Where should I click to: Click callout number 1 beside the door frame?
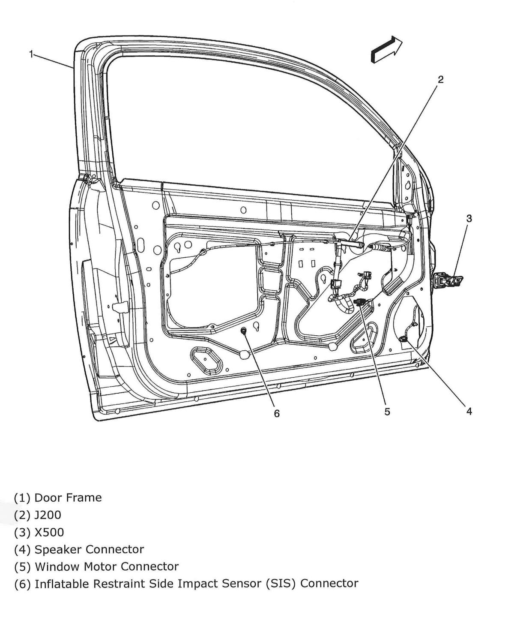coord(31,54)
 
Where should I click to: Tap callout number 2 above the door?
coord(440,79)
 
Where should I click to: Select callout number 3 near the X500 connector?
coord(469,218)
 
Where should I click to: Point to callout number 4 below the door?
coord(469,411)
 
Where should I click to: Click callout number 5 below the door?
coord(387,412)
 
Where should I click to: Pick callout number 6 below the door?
coord(277,413)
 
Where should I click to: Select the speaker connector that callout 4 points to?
coord(403,339)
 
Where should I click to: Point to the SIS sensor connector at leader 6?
coord(244,331)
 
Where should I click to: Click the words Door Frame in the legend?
coord(68,498)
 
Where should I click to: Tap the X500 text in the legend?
coord(49,533)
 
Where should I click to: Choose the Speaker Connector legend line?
coord(89,549)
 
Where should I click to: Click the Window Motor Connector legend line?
coord(106,566)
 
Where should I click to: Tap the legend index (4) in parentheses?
coord(22,549)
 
